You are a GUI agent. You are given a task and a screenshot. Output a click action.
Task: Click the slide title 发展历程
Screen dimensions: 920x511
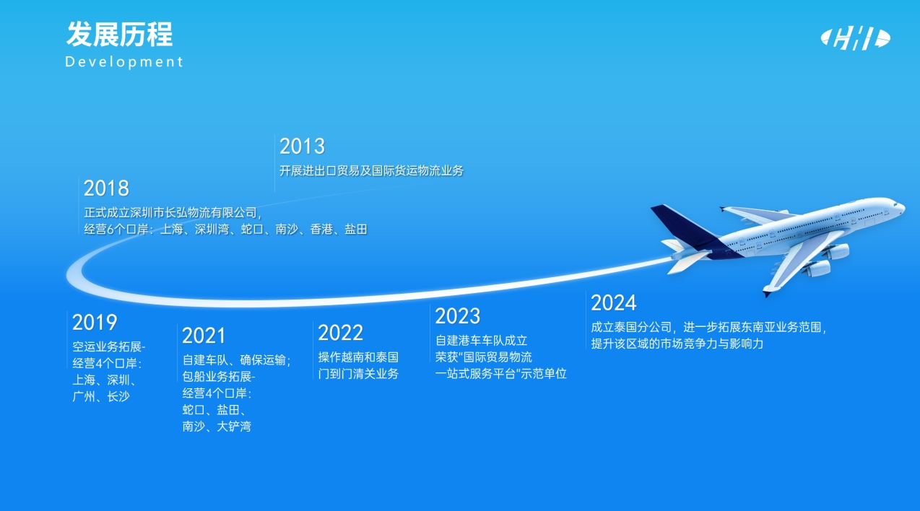pos(120,35)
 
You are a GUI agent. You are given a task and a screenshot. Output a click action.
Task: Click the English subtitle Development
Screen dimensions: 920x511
pos(124,62)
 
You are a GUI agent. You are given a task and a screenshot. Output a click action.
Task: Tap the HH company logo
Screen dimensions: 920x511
pos(855,38)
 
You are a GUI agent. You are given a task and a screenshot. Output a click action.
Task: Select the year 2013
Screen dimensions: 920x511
pos(303,147)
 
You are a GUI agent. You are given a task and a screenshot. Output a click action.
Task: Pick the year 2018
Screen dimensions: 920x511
pos(106,188)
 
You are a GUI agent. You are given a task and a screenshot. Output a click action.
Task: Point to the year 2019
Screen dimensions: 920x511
pos(95,322)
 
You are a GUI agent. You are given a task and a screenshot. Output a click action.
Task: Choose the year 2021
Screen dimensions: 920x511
pos(204,336)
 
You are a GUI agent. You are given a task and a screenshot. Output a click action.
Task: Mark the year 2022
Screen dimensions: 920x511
pos(340,333)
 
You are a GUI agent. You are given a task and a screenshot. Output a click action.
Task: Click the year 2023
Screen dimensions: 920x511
pos(458,316)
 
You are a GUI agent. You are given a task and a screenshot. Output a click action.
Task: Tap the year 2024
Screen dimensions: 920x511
pos(614,303)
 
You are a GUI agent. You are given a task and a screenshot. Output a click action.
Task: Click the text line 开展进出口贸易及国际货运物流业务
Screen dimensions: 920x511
pos(372,171)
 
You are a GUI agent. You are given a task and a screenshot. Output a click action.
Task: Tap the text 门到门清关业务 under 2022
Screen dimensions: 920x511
pos(358,374)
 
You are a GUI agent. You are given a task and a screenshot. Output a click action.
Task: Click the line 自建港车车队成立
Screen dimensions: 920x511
pos(482,341)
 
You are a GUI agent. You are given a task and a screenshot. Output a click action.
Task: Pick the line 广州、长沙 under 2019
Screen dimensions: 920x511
pos(101,396)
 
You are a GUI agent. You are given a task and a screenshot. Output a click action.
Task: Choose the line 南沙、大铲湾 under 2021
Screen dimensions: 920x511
pos(217,427)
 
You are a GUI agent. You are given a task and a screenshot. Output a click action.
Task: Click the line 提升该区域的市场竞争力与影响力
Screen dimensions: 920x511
pos(677,344)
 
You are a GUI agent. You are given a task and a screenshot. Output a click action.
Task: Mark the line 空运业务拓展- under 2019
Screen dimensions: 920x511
pos(109,347)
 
